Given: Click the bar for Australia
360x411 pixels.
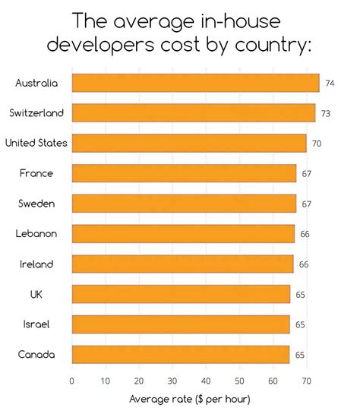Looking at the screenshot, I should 195,83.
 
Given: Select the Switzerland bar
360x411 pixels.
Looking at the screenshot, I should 193,113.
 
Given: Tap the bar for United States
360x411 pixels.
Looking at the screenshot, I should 189,143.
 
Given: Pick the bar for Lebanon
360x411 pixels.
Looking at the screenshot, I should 182,233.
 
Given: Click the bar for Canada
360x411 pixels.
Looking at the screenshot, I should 180,354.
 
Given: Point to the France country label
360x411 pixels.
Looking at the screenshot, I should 36,173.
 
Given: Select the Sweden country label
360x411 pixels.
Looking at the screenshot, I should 36,204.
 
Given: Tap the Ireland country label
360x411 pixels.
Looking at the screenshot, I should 36,264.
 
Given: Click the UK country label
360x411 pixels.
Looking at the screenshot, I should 36,294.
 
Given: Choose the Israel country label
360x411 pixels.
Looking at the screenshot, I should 36,324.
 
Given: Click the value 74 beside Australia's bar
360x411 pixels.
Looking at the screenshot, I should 330,83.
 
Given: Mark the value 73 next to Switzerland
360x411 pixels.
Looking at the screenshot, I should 325,113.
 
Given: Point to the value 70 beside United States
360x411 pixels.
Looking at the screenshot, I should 317,143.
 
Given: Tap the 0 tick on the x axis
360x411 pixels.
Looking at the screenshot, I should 71,381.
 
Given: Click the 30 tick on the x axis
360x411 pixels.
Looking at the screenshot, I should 172,381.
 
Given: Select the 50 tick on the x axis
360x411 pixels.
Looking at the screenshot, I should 239,381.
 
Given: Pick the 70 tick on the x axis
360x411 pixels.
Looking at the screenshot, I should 306,381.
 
